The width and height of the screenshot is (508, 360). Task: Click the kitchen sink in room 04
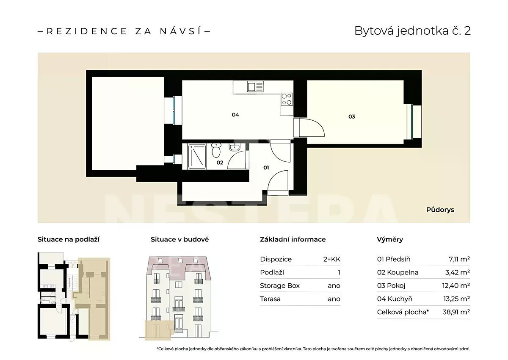(255, 86)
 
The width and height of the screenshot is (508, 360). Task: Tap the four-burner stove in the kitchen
(287, 100)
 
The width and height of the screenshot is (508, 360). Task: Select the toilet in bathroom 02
(216, 150)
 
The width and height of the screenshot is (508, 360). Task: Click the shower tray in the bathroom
(197, 156)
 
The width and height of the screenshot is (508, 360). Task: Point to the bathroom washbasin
(234, 147)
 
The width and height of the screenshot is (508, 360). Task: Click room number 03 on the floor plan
(351, 116)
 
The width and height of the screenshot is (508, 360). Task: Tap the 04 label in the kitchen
(235, 115)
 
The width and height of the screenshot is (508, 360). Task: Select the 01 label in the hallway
(266, 168)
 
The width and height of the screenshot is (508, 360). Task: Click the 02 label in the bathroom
(220, 162)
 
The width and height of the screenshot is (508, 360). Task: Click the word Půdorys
(440, 210)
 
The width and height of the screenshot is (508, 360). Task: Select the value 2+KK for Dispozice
(332, 259)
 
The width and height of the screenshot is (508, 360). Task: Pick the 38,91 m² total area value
(456, 312)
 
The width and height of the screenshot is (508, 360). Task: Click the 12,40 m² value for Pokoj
(456, 285)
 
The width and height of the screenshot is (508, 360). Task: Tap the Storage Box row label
(280, 285)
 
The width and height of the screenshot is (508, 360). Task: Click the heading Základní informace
(293, 240)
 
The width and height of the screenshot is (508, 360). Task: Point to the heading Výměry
(390, 240)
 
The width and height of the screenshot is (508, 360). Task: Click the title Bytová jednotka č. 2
(412, 31)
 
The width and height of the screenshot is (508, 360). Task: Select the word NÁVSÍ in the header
(180, 31)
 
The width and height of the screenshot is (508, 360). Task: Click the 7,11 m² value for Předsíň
(459, 259)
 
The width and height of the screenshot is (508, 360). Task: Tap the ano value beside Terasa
(334, 299)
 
